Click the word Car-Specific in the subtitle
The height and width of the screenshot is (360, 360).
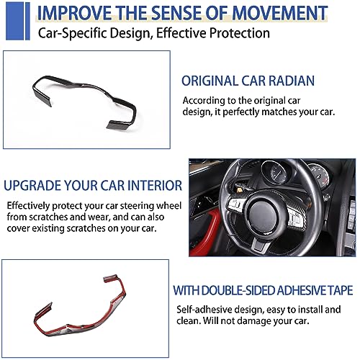[71, 33]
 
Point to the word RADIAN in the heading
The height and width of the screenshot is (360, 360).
[292, 81]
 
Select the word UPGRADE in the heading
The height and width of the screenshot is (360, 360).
[32, 186]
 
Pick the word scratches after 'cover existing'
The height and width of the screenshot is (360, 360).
[86, 228]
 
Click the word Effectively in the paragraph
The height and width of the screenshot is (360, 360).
[28, 206]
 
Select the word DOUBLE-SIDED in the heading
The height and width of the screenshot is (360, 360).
[238, 290]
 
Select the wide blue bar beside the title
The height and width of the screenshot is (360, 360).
[14, 21]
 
